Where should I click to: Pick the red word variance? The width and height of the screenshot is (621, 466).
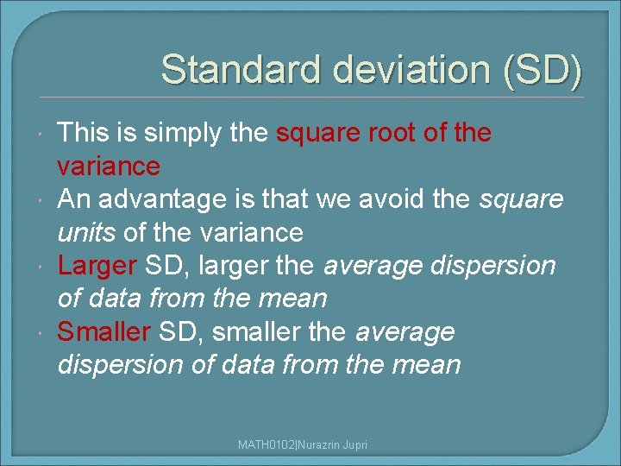tap(109, 166)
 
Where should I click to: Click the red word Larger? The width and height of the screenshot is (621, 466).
tap(97, 265)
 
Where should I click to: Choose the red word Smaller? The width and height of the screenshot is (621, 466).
tap(104, 331)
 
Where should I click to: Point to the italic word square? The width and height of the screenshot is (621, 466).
tap(522, 199)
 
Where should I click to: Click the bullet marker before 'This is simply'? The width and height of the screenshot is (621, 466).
tap(41, 135)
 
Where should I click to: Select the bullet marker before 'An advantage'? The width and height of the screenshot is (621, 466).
tap(41, 200)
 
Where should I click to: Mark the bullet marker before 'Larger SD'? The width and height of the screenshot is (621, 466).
tap(41, 267)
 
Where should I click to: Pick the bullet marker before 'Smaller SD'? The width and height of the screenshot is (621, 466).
tap(41, 332)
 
